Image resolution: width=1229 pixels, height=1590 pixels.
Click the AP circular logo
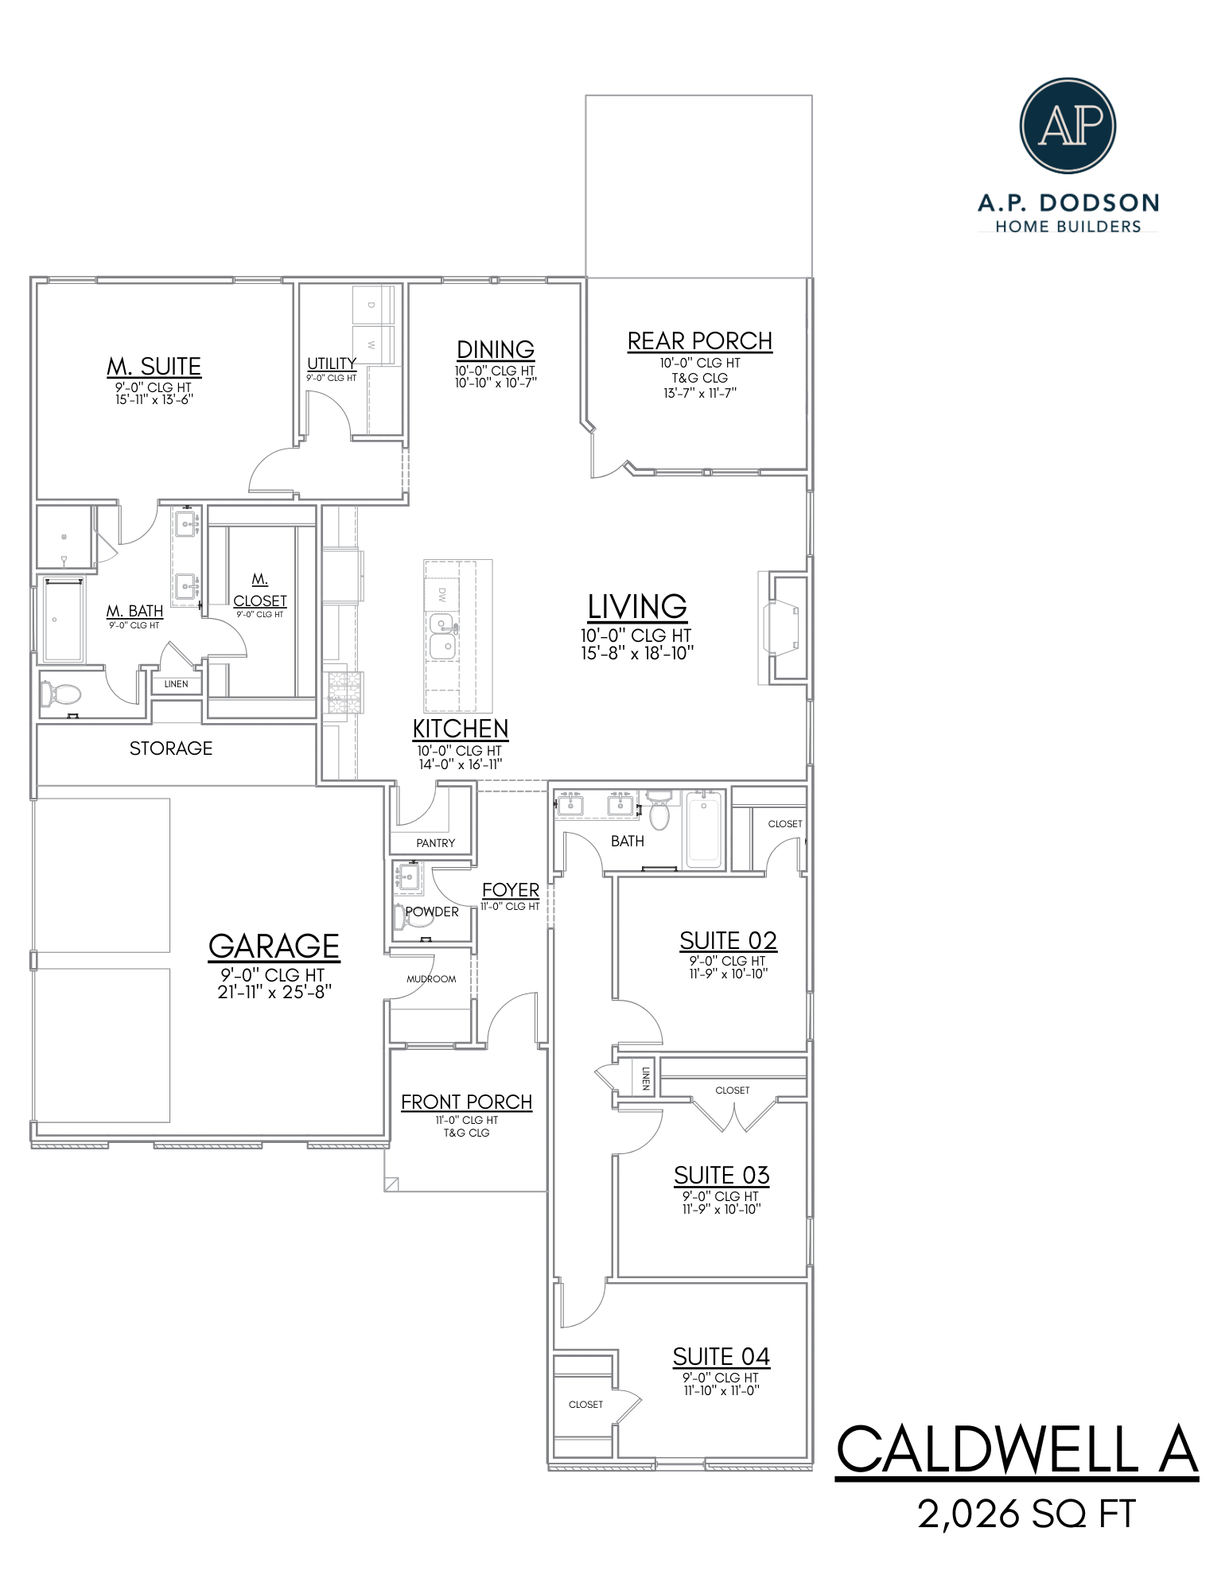(x=1067, y=126)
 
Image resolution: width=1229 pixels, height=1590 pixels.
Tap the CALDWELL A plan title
(x=1016, y=1450)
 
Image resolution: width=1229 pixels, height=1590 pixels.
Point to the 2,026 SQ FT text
(x=1026, y=1514)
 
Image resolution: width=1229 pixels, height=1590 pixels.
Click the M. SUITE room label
(x=154, y=367)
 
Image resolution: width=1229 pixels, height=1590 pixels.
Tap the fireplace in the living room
(x=782, y=628)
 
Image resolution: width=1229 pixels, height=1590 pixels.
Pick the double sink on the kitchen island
(x=442, y=636)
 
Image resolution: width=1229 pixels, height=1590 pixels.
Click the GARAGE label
(x=274, y=947)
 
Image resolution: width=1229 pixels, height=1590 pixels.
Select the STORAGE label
(x=171, y=748)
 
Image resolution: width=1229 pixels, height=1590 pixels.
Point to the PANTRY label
(x=435, y=843)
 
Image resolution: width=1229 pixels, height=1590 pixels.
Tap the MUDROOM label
(x=431, y=979)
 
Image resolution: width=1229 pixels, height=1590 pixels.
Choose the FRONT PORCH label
(x=466, y=1102)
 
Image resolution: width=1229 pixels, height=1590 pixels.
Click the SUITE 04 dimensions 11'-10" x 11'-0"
(x=721, y=1390)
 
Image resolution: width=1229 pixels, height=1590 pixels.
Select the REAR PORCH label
(x=699, y=341)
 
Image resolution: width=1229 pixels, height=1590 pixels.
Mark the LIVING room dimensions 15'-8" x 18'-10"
(x=637, y=653)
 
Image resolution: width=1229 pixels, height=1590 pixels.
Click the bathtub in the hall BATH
(x=703, y=829)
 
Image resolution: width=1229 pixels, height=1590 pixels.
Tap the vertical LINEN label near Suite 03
(x=645, y=1078)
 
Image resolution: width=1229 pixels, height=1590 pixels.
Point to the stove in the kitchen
(x=345, y=692)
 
